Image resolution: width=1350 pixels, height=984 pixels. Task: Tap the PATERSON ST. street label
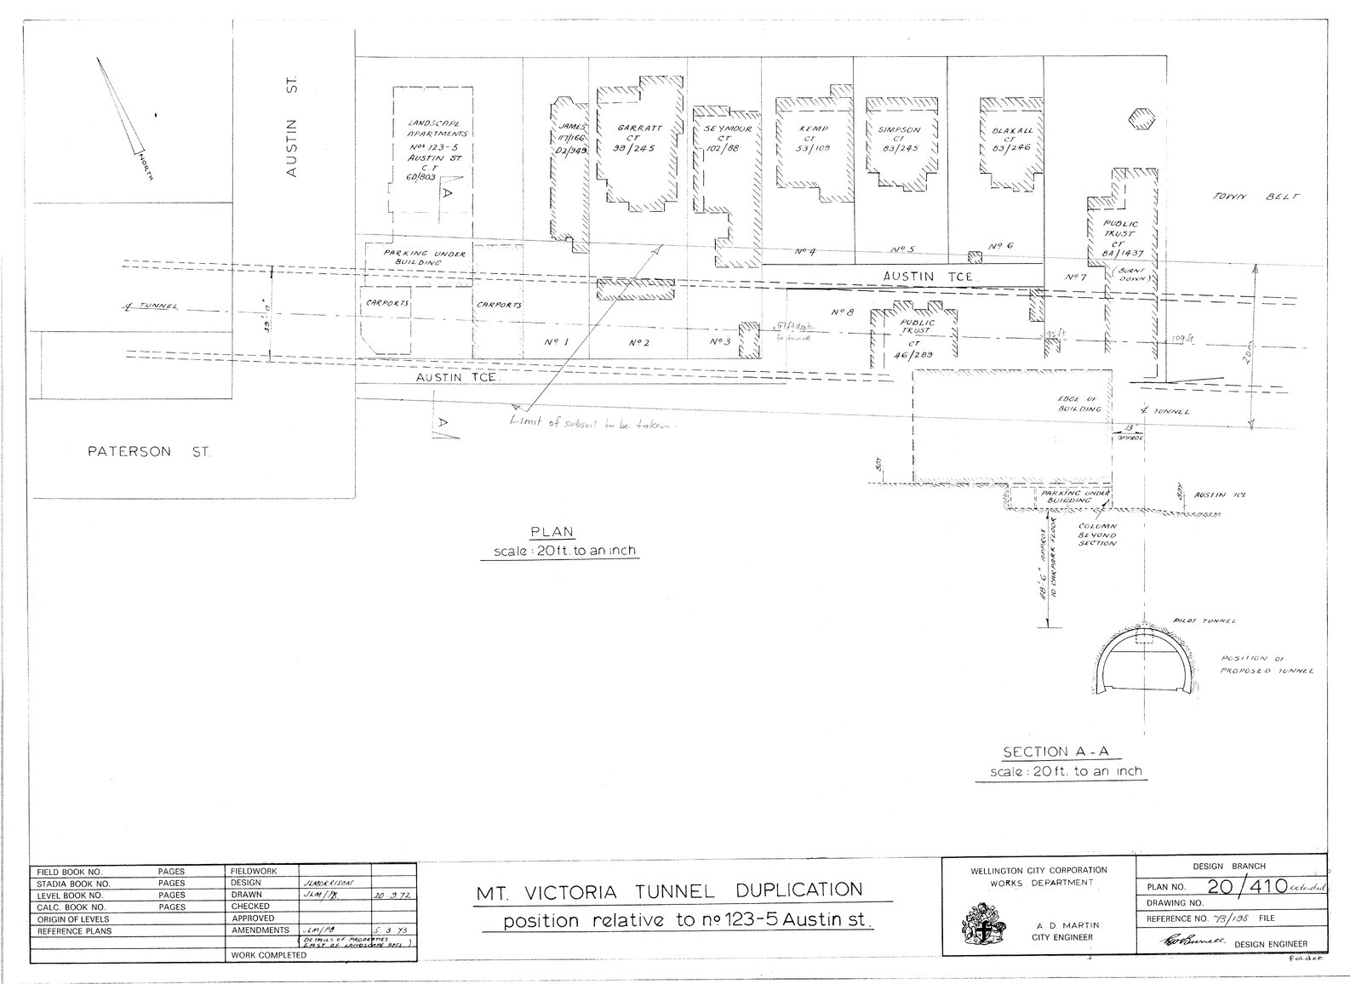pyautogui.click(x=150, y=451)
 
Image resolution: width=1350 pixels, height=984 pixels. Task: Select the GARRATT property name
pyautogui.click(x=640, y=129)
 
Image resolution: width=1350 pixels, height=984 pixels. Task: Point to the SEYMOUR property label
pyautogui.click(x=727, y=129)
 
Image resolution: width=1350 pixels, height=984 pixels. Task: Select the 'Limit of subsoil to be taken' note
pyautogui.click(x=592, y=423)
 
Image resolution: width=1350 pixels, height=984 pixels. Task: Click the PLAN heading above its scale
pyautogui.click(x=553, y=532)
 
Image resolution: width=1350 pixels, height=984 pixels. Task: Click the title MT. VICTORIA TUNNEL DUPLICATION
pyautogui.click(x=668, y=891)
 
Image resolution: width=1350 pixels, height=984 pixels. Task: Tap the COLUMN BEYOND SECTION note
pyautogui.click(x=1097, y=535)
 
